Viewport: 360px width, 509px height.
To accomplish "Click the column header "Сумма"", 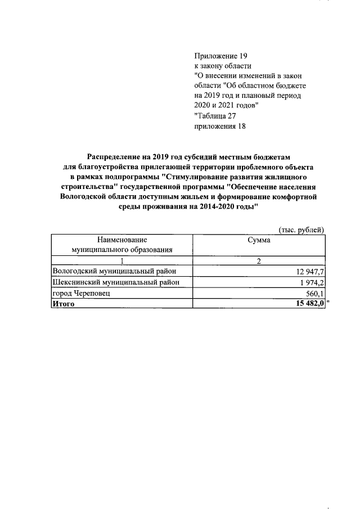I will [x=259, y=240].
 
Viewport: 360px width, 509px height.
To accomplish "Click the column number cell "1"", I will [x=121, y=260].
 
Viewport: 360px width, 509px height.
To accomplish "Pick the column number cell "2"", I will [x=259, y=260].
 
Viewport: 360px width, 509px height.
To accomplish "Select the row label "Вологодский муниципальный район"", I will [x=118, y=272].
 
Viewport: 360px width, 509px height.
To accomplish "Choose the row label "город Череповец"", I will [x=82, y=293].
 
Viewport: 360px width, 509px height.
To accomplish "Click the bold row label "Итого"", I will [x=63, y=304].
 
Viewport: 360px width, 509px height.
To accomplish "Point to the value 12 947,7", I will [x=308, y=272].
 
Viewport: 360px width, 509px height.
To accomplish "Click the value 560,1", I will [x=314, y=293].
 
